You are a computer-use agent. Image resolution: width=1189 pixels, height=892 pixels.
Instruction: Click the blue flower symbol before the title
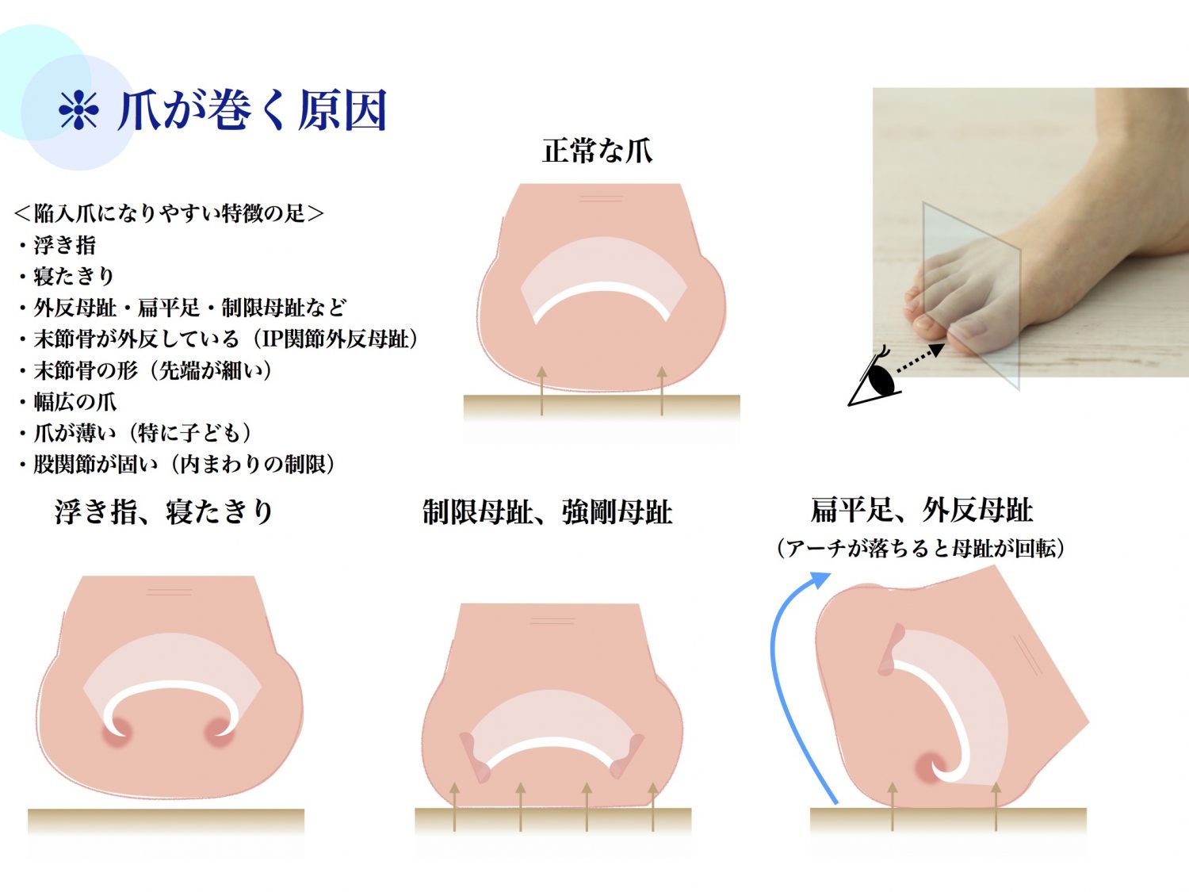[x=78, y=109]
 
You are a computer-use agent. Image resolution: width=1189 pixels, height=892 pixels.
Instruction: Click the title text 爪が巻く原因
[x=252, y=109]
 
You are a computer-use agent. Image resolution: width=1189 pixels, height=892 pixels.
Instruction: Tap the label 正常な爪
[x=597, y=151]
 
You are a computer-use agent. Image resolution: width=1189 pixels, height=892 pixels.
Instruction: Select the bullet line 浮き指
[x=64, y=245]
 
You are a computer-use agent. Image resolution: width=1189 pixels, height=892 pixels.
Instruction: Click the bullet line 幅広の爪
[x=75, y=401]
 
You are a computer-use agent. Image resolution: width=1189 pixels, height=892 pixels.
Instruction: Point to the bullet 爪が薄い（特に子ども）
[x=143, y=433]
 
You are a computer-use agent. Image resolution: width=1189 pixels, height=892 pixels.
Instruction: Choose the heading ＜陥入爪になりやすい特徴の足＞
[x=169, y=212]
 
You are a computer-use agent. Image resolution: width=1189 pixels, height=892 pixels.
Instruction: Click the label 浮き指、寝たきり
[x=165, y=511]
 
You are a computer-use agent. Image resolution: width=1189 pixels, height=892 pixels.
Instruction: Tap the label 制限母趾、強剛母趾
[x=547, y=512]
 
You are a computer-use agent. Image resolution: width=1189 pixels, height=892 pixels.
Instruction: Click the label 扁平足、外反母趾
[x=922, y=510]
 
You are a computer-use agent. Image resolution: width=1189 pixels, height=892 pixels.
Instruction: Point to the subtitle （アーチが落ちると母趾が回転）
[x=921, y=548]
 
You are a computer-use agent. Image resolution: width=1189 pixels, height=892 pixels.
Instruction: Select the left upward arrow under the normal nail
[x=541, y=390]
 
